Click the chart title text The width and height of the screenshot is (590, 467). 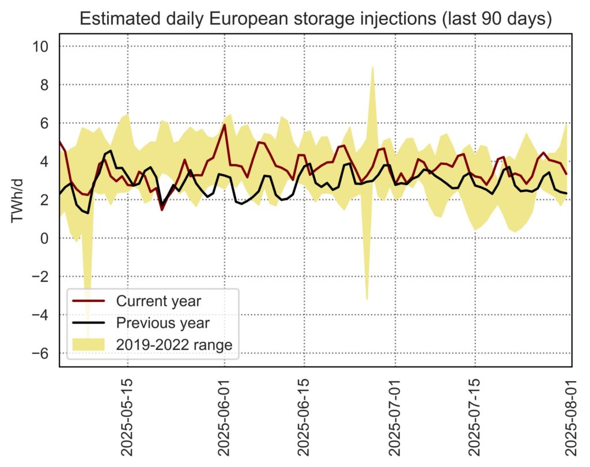[x=316, y=18]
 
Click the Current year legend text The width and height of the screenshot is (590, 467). [x=158, y=301]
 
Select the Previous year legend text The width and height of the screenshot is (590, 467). [x=162, y=323]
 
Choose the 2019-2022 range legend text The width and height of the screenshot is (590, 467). [x=174, y=345]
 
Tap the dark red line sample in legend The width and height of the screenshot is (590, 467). [x=88, y=301]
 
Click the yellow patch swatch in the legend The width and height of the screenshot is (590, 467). [x=88, y=345]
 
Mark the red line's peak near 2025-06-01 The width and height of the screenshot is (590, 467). [x=224, y=125]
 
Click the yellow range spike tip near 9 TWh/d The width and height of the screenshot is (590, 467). [x=373, y=67]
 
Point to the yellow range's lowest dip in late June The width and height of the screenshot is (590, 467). [x=367, y=299]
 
